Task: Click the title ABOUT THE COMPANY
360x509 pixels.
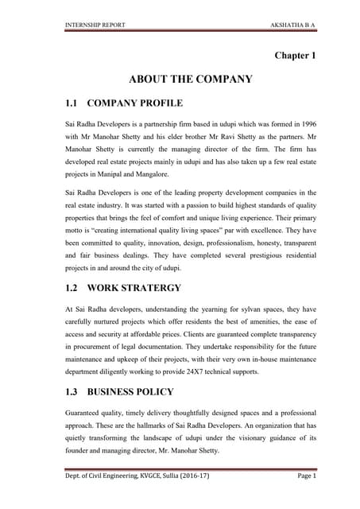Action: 191,80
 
